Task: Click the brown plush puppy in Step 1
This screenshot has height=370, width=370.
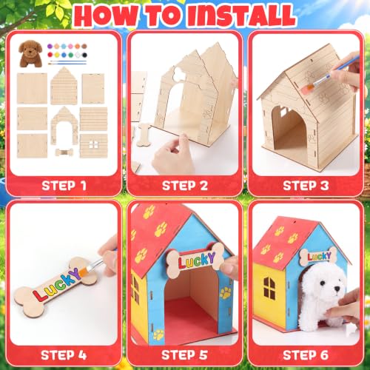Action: (x=30, y=53)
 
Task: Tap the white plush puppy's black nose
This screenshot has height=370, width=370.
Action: (x=337, y=289)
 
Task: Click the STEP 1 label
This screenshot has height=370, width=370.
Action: (x=64, y=186)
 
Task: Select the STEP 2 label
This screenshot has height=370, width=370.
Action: (x=185, y=186)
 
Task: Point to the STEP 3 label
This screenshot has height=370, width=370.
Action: (x=306, y=186)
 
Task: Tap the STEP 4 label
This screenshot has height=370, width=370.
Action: (x=64, y=355)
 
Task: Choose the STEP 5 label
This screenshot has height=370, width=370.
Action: (x=185, y=355)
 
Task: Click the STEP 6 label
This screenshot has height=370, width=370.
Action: (x=306, y=355)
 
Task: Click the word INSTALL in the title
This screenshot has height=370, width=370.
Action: (x=241, y=16)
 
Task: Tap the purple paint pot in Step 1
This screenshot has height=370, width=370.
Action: (x=50, y=46)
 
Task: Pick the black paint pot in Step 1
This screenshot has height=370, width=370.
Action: (x=84, y=55)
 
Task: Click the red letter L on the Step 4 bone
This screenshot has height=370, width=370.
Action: (x=39, y=295)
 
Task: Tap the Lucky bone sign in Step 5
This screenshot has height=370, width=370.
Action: (x=195, y=260)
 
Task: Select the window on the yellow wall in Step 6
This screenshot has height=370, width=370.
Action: (x=269, y=288)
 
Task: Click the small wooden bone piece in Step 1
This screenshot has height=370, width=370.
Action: (x=64, y=152)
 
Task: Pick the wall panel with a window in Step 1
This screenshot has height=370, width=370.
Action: (x=94, y=146)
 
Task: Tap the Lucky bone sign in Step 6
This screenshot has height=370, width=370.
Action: (x=318, y=257)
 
